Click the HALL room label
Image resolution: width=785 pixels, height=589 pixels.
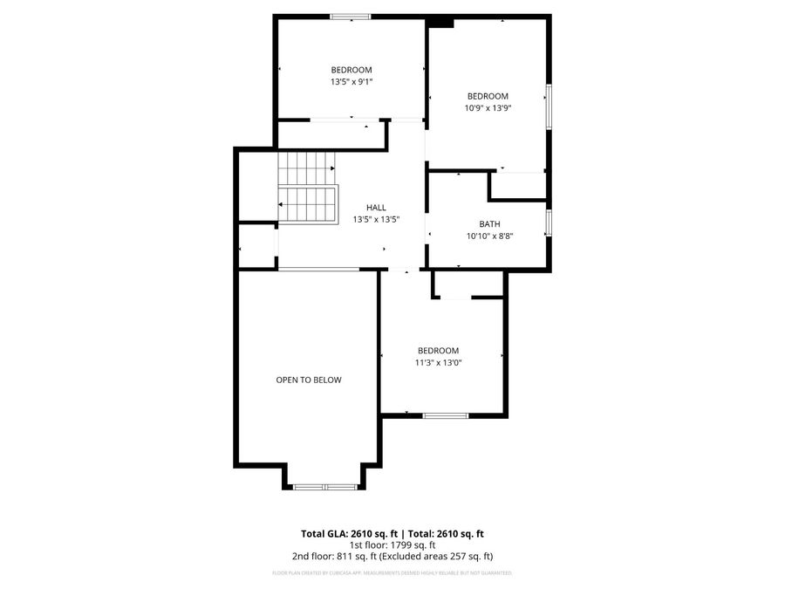376,207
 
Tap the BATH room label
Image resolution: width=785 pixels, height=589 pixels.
489,224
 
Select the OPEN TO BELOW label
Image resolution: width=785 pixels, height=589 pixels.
309,380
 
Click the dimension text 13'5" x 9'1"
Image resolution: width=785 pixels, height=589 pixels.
351,82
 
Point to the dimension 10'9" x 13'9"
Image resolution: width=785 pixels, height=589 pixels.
488,108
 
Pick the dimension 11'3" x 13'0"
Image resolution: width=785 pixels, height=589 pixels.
438,362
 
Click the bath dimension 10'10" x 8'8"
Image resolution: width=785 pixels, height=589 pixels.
489,236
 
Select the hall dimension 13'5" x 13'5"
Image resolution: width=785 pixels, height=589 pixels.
376,219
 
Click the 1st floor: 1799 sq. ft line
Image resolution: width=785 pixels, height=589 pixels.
392,544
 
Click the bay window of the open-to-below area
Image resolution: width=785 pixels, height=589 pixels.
325,487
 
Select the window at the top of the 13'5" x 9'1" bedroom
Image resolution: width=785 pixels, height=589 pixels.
350,16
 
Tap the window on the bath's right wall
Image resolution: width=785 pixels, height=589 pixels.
549,223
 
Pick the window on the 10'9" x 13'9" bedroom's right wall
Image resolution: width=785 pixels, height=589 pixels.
549,106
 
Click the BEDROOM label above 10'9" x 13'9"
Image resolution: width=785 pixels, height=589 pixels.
488,96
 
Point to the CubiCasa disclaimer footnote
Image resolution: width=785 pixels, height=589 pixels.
392,573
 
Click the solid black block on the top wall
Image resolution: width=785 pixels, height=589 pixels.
440,22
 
